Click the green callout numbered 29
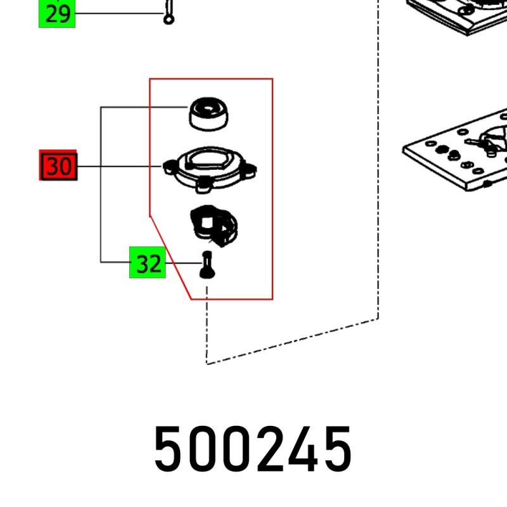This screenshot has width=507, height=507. [57, 13]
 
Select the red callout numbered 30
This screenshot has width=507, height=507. [58, 165]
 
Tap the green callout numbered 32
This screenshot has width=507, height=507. [148, 262]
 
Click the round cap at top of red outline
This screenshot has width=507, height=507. [209, 114]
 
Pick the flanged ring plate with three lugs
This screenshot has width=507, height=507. [210, 169]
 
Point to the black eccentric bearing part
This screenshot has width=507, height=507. [214, 226]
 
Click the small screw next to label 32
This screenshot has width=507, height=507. [207, 264]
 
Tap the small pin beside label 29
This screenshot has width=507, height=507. [169, 12]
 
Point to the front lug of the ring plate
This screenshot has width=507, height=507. [203, 186]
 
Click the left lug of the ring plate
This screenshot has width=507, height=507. [170, 167]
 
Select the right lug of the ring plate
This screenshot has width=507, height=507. [250, 170]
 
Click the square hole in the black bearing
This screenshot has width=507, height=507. [207, 222]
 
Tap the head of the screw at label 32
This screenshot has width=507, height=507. [207, 273]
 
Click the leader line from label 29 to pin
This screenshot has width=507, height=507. [120, 13]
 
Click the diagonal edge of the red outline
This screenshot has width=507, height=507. [170, 258]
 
